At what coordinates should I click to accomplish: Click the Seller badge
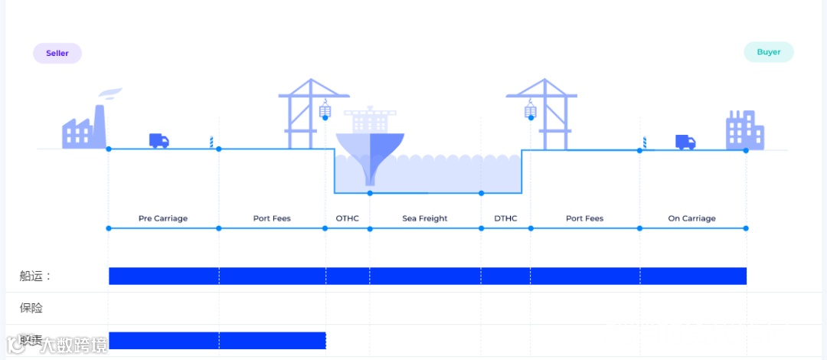click(x=57, y=53)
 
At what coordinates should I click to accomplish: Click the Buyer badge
click(x=769, y=52)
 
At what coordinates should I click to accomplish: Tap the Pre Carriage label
click(x=162, y=218)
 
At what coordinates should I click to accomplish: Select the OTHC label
click(x=347, y=218)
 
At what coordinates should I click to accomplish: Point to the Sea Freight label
click(x=425, y=218)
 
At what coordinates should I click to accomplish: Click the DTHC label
click(x=505, y=218)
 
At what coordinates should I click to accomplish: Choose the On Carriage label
click(x=691, y=218)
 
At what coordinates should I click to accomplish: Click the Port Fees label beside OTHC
click(x=272, y=218)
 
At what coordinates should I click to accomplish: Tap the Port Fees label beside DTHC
click(x=584, y=218)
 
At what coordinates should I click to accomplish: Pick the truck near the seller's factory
click(x=159, y=141)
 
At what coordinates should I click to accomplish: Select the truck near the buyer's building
click(x=685, y=142)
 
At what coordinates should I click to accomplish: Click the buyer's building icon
click(x=744, y=130)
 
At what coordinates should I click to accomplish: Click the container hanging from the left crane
click(x=325, y=111)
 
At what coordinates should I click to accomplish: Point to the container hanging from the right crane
click(x=530, y=112)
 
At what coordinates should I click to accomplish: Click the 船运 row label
click(x=35, y=276)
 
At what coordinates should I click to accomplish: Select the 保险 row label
click(x=31, y=308)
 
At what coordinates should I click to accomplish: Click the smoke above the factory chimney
click(x=110, y=93)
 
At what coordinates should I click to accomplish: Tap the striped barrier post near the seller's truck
click(x=211, y=142)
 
